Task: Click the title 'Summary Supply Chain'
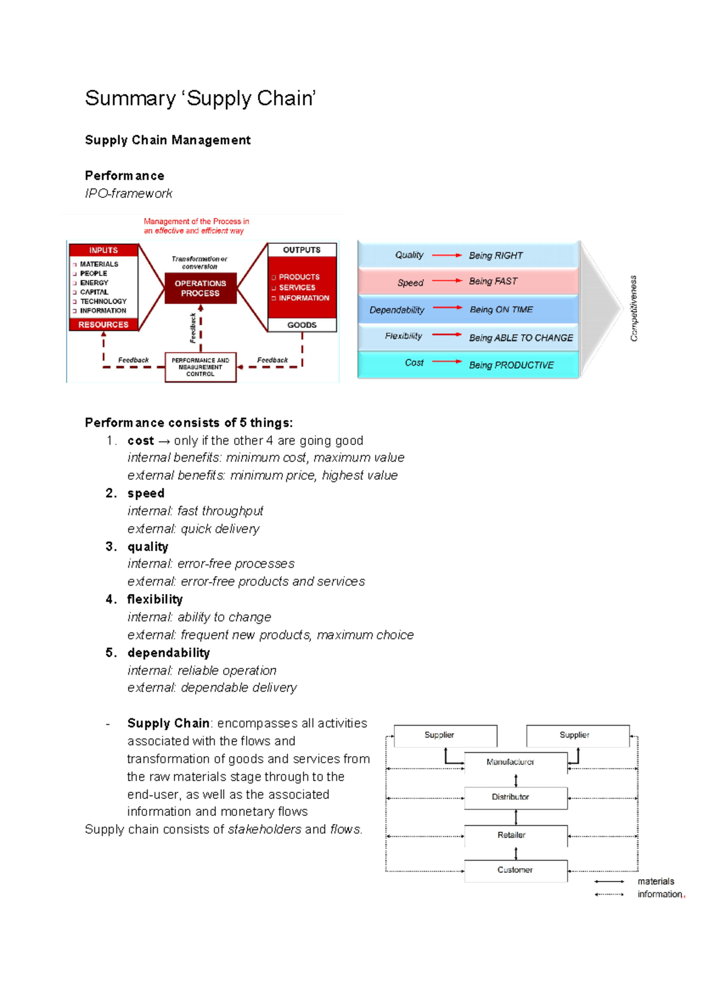tap(200, 98)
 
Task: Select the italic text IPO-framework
tap(128, 193)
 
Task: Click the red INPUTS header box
tap(103, 250)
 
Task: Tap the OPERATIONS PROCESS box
tap(200, 288)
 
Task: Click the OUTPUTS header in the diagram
tap(302, 250)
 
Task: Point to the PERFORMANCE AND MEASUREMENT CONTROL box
tap(200, 367)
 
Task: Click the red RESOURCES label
tap(103, 324)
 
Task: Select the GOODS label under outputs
tap(302, 325)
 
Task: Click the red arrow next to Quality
tap(447, 255)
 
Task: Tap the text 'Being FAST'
tap(493, 282)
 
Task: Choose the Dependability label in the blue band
tap(397, 310)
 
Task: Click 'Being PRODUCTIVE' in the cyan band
tap(511, 365)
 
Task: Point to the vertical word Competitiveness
tap(633, 309)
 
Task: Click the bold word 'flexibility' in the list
tap(155, 599)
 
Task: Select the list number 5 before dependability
tap(110, 653)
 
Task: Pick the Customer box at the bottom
tap(515, 870)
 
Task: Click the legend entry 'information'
tap(660, 894)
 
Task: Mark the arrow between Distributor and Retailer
tap(516, 817)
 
